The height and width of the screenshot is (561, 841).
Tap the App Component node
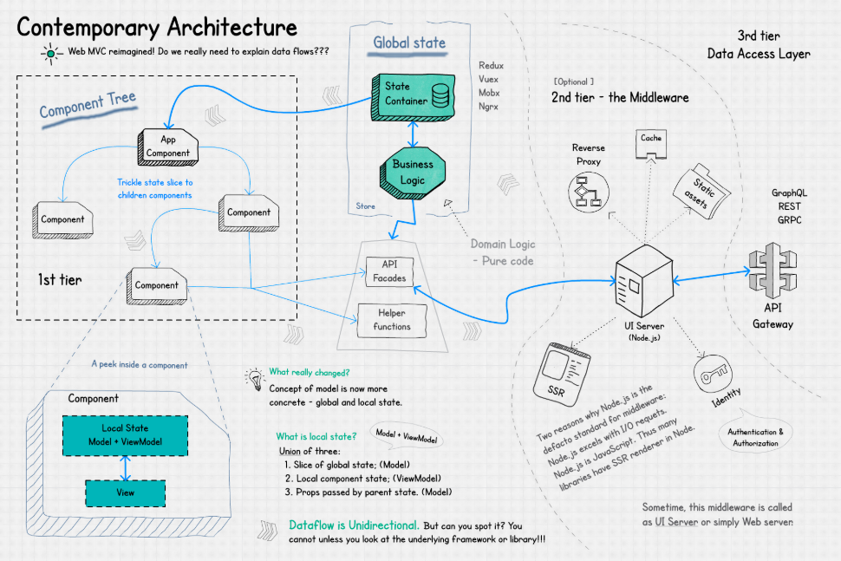(x=168, y=146)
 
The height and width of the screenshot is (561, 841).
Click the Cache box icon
(x=651, y=143)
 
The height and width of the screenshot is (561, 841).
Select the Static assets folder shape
(x=701, y=192)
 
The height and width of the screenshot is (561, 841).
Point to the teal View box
(x=127, y=493)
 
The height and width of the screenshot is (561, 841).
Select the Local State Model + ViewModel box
(x=126, y=436)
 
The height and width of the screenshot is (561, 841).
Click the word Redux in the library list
(x=491, y=65)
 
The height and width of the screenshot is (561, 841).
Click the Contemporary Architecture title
(x=157, y=27)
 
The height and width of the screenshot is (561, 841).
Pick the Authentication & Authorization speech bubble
(x=755, y=436)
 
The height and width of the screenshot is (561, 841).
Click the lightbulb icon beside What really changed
(x=255, y=377)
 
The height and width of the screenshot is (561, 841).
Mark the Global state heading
(x=409, y=42)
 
